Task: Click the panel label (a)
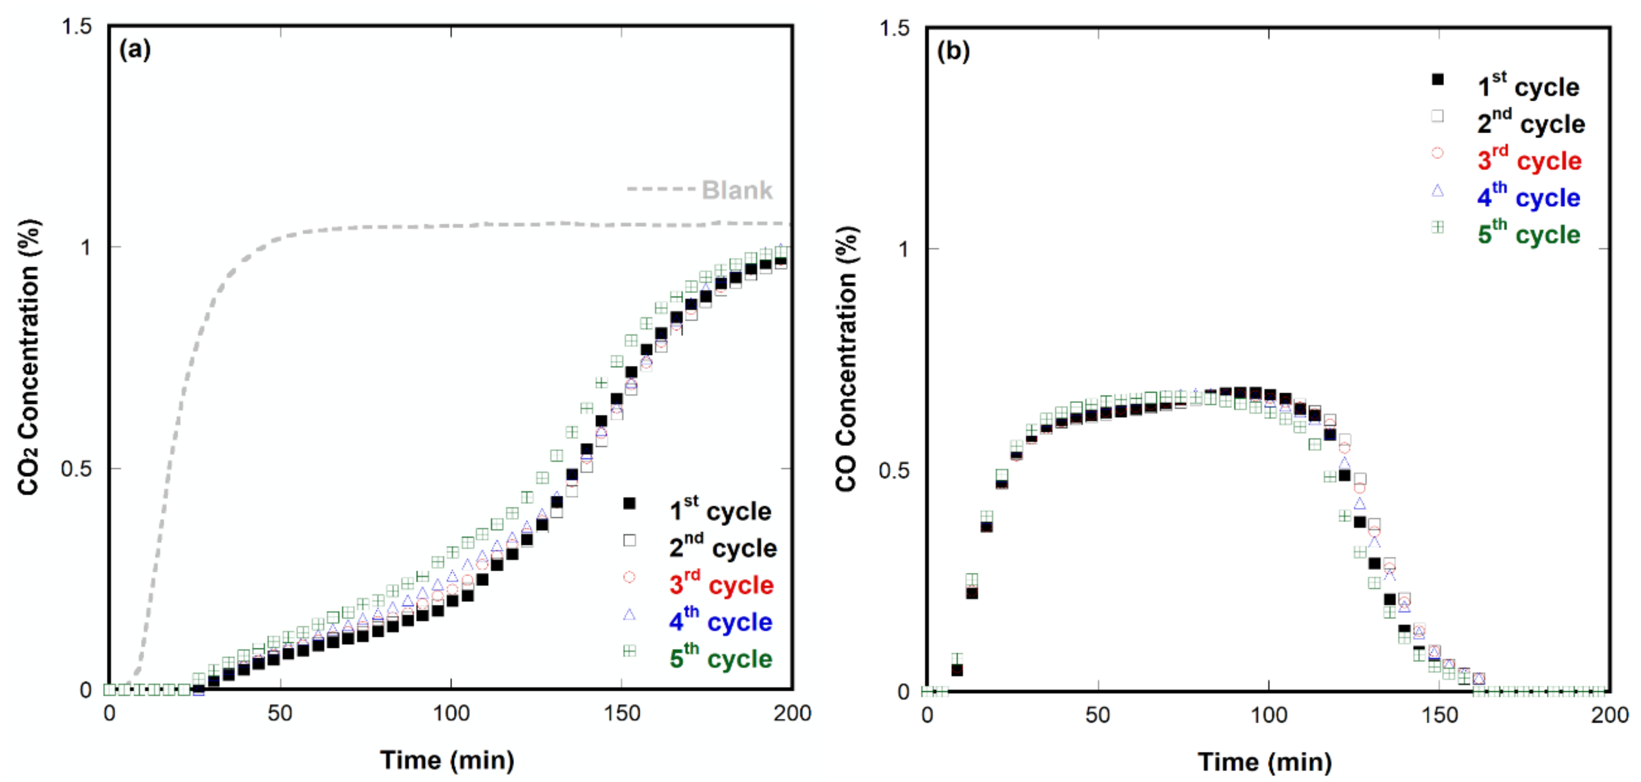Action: coord(135,49)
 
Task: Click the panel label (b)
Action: coord(953,50)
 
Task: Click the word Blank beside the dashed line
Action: coord(737,190)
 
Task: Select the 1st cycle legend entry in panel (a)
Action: coord(720,511)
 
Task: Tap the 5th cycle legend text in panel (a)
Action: coord(720,658)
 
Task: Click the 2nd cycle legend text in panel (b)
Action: coord(1531,124)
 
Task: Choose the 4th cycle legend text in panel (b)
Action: coord(1528,198)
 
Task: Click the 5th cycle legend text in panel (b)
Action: coord(1529,234)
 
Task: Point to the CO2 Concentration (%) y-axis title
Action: coord(29,357)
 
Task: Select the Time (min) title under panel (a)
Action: coord(447,759)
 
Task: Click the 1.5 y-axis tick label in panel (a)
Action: coord(76,27)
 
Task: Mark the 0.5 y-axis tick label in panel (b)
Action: coord(894,471)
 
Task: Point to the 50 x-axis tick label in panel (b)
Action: coord(1098,715)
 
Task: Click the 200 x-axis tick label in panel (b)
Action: coord(1610,715)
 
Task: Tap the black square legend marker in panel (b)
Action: coord(1438,80)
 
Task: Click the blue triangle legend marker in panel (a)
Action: coord(629,614)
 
